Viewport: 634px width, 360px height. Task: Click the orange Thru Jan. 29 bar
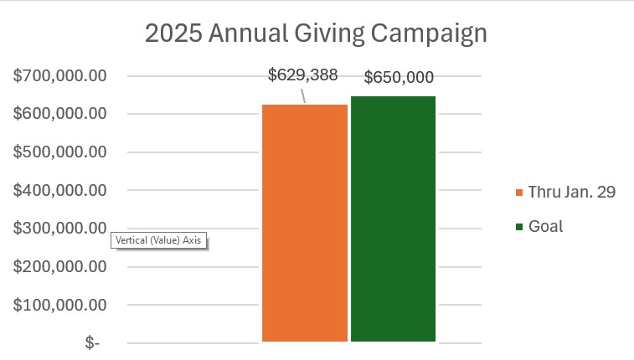tap(305, 223)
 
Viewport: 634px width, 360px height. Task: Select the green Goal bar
tap(394, 219)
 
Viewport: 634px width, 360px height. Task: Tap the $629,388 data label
tap(302, 75)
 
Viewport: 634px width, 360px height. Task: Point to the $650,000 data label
tap(399, 78)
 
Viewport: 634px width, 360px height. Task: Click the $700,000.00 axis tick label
tap(60, 76)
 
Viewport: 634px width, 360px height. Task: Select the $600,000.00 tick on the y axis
tap(60, 114)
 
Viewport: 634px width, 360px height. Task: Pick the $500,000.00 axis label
tap(60, 152)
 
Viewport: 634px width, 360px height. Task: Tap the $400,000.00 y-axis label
tap(60, 190)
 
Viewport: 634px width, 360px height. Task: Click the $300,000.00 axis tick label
tap(60, 229)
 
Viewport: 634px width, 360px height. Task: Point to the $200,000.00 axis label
tap(60, 266)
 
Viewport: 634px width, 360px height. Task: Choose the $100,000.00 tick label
tap(60, 305)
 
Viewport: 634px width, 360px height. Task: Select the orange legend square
tap(519, 193)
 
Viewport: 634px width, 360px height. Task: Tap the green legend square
tap(519, 227)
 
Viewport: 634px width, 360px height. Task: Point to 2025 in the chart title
tap(172, 34)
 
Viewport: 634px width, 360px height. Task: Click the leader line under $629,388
tap(302, 95)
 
